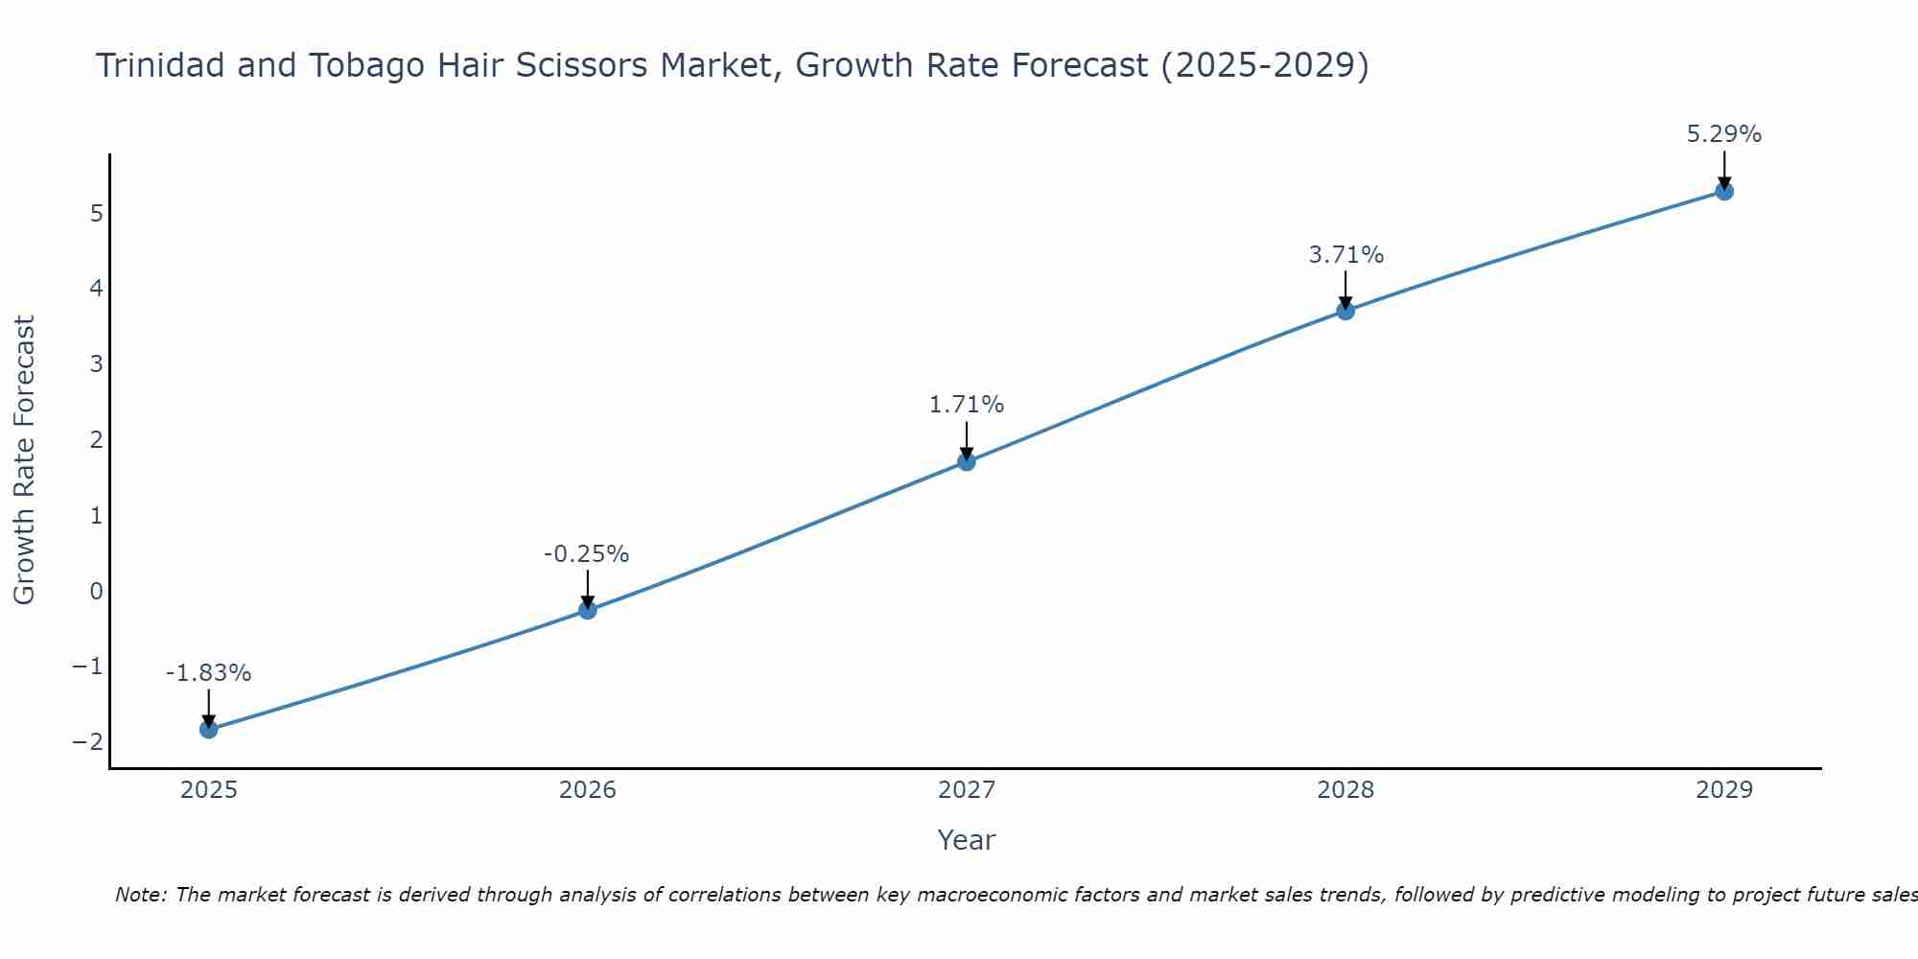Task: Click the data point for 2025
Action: [209, 730]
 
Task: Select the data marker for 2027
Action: [967, 461]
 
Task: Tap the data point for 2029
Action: [1724, 191]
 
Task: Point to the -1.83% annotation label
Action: [208, 673]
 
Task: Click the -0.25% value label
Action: [586, 554]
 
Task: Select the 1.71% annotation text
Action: [966, 405]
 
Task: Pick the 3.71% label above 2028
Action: [1345, 255]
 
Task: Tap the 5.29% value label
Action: [1723, 134]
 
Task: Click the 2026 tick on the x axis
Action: [588, 790]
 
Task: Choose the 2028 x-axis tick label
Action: [1345, 790]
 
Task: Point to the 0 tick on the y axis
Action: [96, 591]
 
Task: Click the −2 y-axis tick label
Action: [87, 742]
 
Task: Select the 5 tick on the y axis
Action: [96, 213]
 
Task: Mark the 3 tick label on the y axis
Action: [96, 364]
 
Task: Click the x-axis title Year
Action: [966, 840]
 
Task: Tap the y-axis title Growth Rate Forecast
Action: [25, 460]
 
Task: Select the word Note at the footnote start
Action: [140, 896]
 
